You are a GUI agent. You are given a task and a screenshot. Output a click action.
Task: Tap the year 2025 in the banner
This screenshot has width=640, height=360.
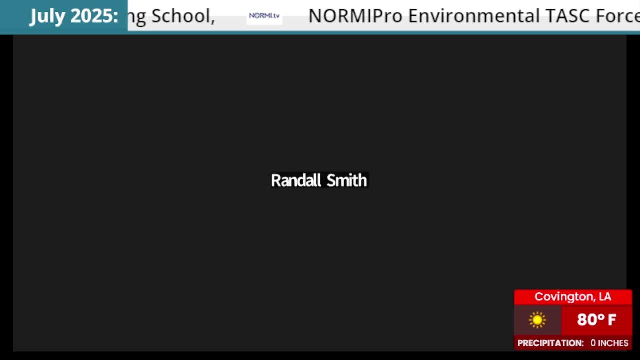click(x=92, y=15)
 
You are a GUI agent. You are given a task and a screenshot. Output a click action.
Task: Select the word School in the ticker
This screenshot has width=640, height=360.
click(x=181, y=15)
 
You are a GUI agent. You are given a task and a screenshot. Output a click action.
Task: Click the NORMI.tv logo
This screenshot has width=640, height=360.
click(x=264, y=16)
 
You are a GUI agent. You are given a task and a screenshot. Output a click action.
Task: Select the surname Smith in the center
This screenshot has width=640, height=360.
click(x=347, y=180)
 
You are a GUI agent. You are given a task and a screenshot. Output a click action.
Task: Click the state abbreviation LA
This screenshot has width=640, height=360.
click(x=605, y=297)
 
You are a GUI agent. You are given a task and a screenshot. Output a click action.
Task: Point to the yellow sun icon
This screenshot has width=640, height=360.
click(x=537, y=320)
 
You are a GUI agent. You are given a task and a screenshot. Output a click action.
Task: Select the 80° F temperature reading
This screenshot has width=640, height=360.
click(x=596, y=319)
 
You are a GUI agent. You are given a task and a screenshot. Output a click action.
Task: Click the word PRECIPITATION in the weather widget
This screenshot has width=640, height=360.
click(x=551, y=343)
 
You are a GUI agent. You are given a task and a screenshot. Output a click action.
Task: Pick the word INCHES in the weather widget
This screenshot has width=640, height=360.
click(x=613, y=343)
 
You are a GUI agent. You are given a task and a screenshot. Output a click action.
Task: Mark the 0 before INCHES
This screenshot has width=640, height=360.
click(x=593, y=343)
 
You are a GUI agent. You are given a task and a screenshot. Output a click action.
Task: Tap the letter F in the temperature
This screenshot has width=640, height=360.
click(x=612, y=320)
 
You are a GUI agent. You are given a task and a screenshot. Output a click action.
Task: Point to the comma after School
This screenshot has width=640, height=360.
click(x=213, y=21)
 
